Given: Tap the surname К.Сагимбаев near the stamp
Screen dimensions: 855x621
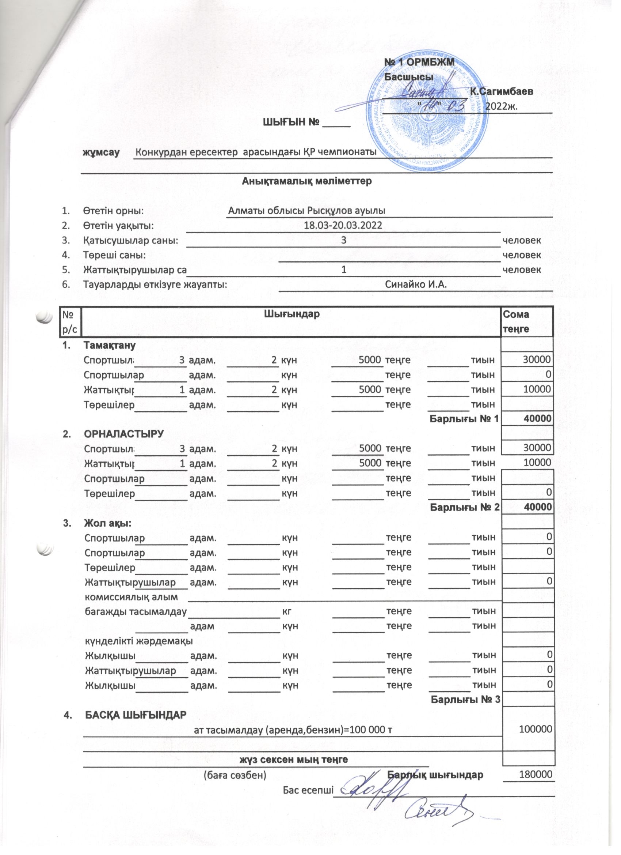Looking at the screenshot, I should click(502, 91).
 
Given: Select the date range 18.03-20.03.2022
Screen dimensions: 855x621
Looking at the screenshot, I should click(343, 225).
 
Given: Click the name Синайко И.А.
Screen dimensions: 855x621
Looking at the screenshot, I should click(416, 284).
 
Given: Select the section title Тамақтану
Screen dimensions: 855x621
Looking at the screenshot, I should click(109, 345).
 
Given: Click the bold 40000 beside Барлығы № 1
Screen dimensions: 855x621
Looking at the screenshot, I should click(537, 418).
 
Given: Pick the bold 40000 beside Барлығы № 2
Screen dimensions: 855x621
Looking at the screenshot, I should click(537, 507).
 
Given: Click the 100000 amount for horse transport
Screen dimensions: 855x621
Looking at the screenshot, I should click(535, 729).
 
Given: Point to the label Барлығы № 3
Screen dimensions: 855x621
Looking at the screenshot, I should click(465, 700).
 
